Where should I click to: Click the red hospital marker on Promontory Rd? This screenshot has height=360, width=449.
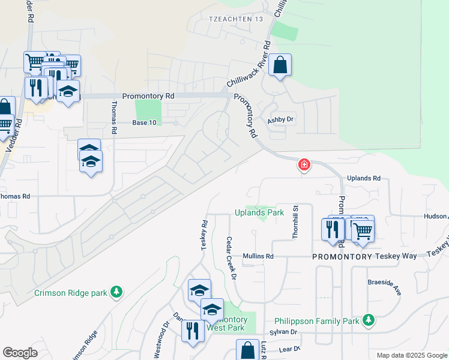click(304, 164)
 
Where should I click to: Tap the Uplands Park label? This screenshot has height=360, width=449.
click(259, 212)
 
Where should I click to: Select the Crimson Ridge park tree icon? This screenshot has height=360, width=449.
click(116, 293)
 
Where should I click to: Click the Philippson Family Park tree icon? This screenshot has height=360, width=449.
click(369, 321)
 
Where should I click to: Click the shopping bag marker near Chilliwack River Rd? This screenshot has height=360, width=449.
click(280, 65)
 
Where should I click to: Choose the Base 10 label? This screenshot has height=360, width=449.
click(144, 122)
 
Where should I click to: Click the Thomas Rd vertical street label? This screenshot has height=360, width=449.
click(114, 118)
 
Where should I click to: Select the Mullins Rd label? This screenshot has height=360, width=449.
click(258, 256)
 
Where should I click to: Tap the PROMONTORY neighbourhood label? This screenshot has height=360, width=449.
click(342, 256)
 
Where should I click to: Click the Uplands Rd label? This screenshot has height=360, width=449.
click(365, 179)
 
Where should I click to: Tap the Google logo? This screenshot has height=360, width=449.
click(20, 353)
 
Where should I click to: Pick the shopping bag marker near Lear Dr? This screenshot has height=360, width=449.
click(247, 350)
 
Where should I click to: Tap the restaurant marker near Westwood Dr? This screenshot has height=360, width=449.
click(193, 332)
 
